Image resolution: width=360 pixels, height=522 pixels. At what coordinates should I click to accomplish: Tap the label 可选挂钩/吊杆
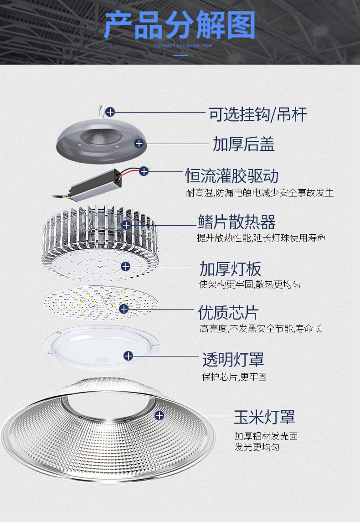point(258,114)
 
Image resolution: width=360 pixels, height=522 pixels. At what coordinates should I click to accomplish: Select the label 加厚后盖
point(244,144)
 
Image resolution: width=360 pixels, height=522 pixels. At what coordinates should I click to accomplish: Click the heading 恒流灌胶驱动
point(231,176)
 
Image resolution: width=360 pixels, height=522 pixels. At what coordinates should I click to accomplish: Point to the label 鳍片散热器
point(237,222)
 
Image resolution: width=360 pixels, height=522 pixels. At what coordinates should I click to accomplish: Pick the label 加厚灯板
point(231,269)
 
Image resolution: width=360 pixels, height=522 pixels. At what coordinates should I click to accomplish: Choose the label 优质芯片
point(228,313)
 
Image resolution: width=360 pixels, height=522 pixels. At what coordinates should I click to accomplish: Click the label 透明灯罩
point(233,360)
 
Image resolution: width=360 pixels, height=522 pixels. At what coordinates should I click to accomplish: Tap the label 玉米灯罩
point(264,417)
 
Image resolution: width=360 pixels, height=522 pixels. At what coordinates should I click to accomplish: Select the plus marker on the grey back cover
point(139,144)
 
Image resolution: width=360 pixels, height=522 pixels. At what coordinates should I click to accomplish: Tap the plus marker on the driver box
point(144,171)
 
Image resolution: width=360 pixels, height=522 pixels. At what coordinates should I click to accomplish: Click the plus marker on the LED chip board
point(123,309)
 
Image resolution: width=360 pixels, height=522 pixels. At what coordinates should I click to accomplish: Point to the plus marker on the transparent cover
point(129,355)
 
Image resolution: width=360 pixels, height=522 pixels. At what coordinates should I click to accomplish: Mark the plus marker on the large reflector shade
point(159,415)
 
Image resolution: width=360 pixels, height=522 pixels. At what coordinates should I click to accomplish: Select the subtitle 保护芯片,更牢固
point(234,377)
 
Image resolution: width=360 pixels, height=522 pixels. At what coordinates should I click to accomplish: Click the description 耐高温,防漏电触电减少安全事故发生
point(260,193)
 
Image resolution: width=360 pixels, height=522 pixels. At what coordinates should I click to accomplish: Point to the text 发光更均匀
point(257,447)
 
